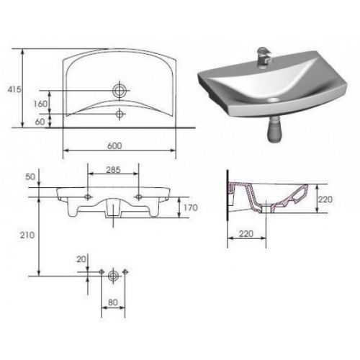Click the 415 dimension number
point(14,89)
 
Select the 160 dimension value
point(40,104)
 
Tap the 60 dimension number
point(40,122)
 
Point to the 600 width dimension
point(114,145)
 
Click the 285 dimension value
point(113,170)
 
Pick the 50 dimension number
point(30,177)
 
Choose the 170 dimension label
point(191,207)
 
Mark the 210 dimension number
point(27,235)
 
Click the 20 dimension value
point(81,259)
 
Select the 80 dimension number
point(113,302)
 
